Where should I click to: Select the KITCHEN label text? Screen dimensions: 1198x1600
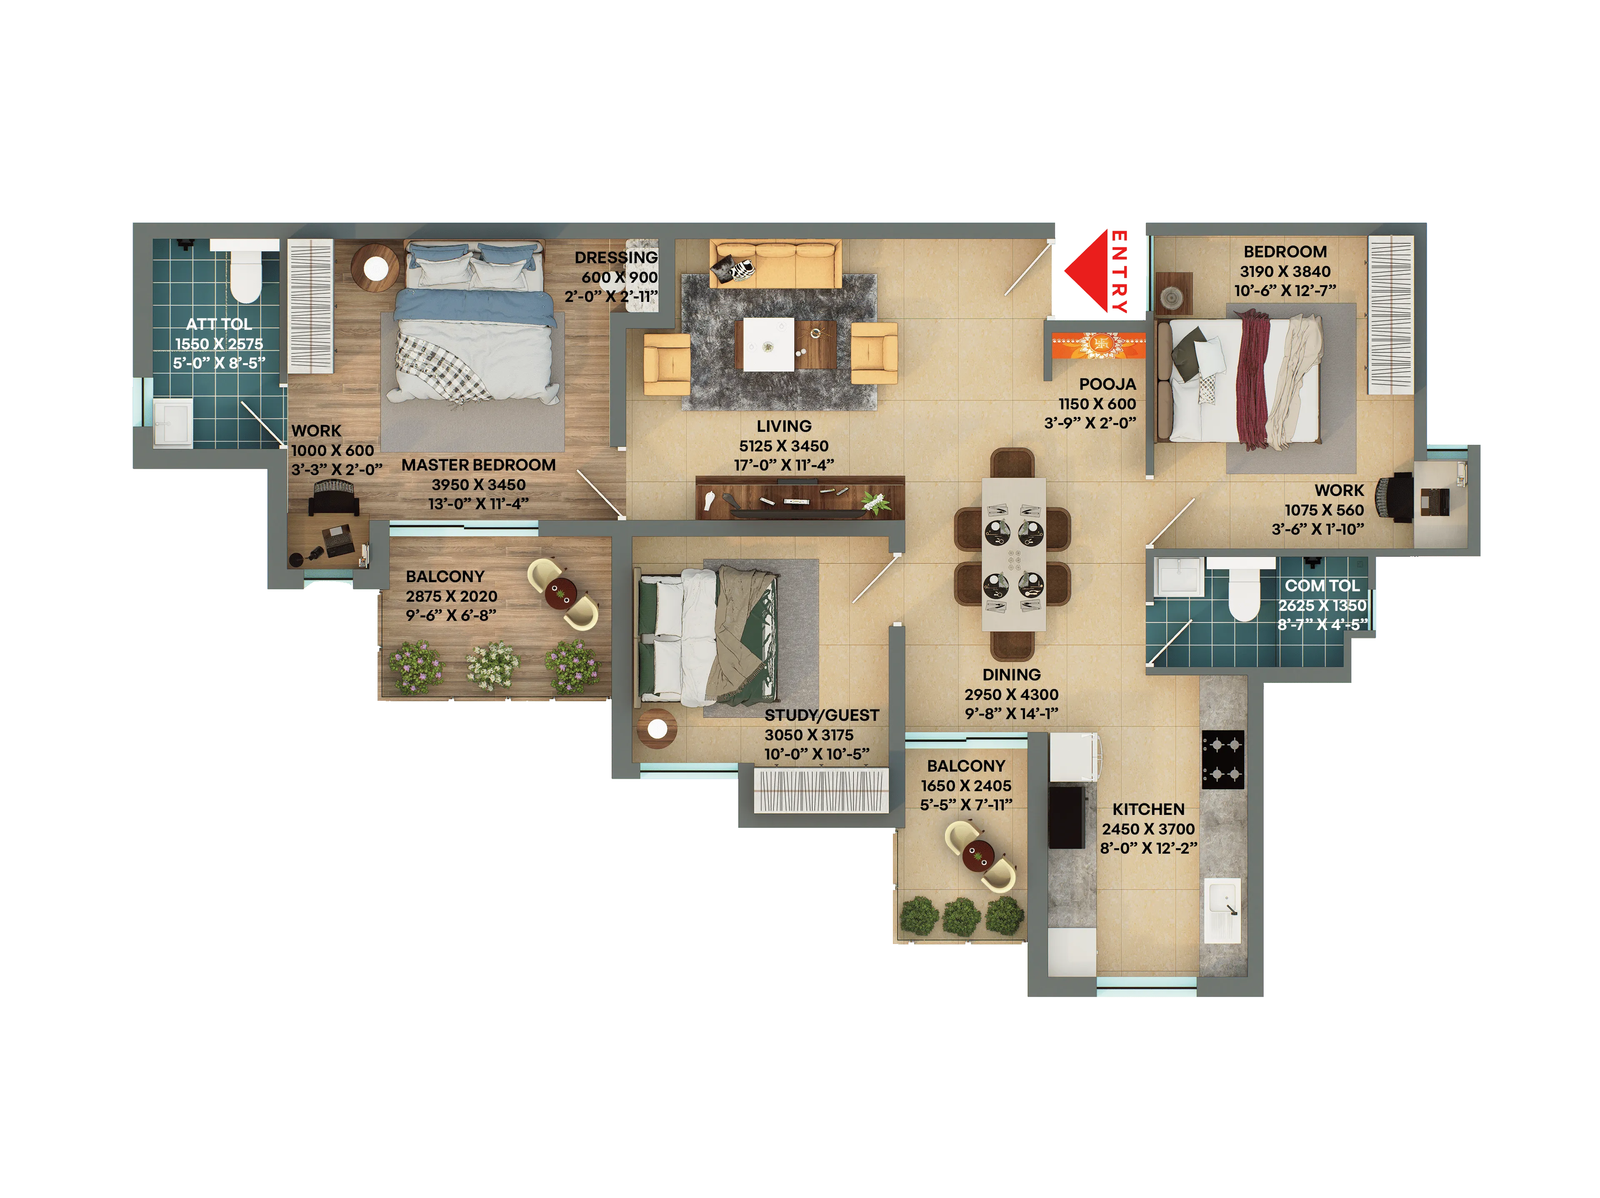[x=1148, y=809]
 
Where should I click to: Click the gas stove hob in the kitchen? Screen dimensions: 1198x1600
[x=1222, y=759]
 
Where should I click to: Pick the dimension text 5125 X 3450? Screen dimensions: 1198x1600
[x=783, y=446]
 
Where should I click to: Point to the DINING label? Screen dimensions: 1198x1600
[x=1011, y=675]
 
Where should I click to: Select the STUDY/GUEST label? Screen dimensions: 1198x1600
[x=822, y=715]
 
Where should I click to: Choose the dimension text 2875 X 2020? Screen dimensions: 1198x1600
[x=451, y=596]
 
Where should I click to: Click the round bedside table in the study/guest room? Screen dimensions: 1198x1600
[x=657, y=730]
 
